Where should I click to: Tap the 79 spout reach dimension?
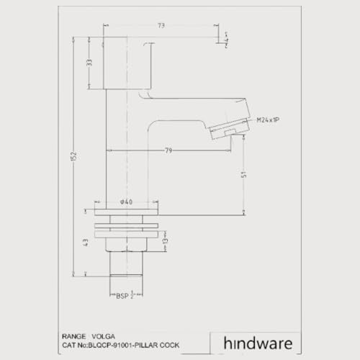[168, 150]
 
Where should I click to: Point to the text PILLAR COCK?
[158, 346]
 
